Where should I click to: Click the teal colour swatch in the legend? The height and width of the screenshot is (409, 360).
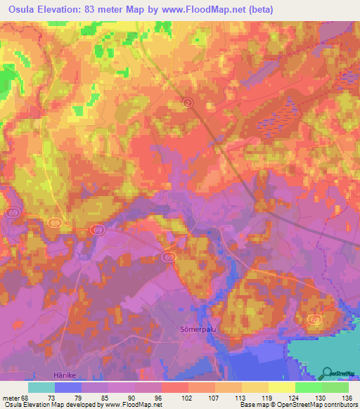[41, 387]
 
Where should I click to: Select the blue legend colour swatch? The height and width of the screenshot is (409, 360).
[68, 387]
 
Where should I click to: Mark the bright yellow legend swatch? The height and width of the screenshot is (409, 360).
[282, 387]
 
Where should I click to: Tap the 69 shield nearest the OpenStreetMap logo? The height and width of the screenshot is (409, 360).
[314, 320]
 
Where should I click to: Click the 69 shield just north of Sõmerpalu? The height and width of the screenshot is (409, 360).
[169, 257]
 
